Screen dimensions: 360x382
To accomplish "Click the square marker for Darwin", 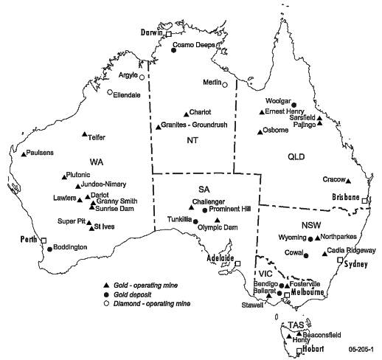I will (169, 34).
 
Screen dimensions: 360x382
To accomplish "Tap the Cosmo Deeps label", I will (192, 44).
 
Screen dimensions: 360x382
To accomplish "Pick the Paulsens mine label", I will (40, 153).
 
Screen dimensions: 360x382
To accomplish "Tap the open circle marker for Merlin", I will (226, 84).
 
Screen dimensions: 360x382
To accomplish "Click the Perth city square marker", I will (43, 240).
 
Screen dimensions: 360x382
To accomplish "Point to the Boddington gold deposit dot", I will (49, 249).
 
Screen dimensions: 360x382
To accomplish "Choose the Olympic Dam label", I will (218, 227).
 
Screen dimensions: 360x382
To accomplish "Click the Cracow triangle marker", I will (349, 181).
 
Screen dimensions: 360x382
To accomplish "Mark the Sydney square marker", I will (340, 260).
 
